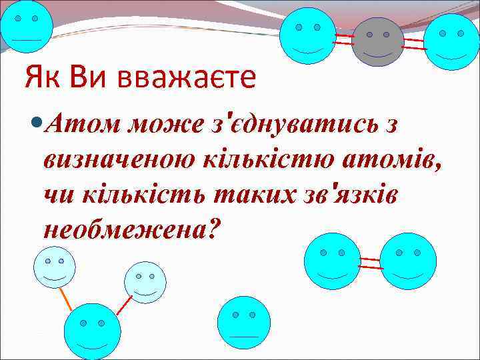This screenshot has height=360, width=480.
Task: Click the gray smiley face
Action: [x=378, y=41]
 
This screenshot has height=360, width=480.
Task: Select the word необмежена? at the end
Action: [x=132, y=229]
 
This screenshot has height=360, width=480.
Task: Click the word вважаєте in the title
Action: [x=187, y=77]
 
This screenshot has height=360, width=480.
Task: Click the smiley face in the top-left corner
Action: [x=26, y=27]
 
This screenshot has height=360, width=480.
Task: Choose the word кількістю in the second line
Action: [x=262, y=160]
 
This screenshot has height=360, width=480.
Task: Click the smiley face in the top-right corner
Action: [x=451, y=41]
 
